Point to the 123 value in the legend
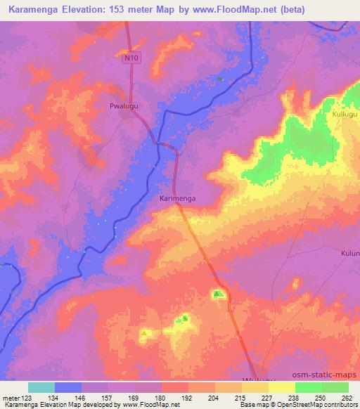coord(28,398)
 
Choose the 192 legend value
coord(188,398)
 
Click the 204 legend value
coord(214,398)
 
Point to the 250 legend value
coord(321,398)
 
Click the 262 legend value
coord(348,398)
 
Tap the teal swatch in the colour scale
coord(41,387)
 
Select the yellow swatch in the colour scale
coord(281,387)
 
